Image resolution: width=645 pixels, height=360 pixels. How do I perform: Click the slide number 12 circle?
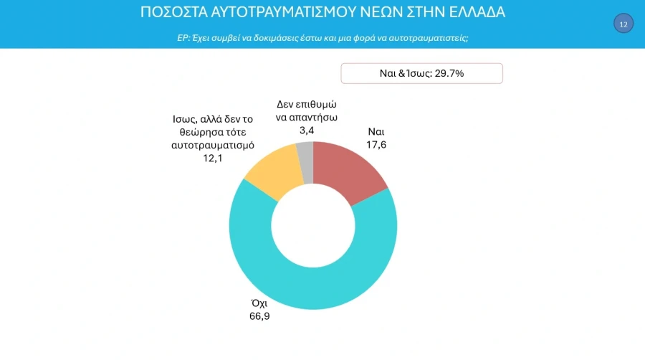tap(623, 24)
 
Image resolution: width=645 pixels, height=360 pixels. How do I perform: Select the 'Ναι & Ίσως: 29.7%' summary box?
tap(421, 73)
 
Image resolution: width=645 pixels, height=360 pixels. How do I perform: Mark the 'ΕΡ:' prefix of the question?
tap(183, 37)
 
